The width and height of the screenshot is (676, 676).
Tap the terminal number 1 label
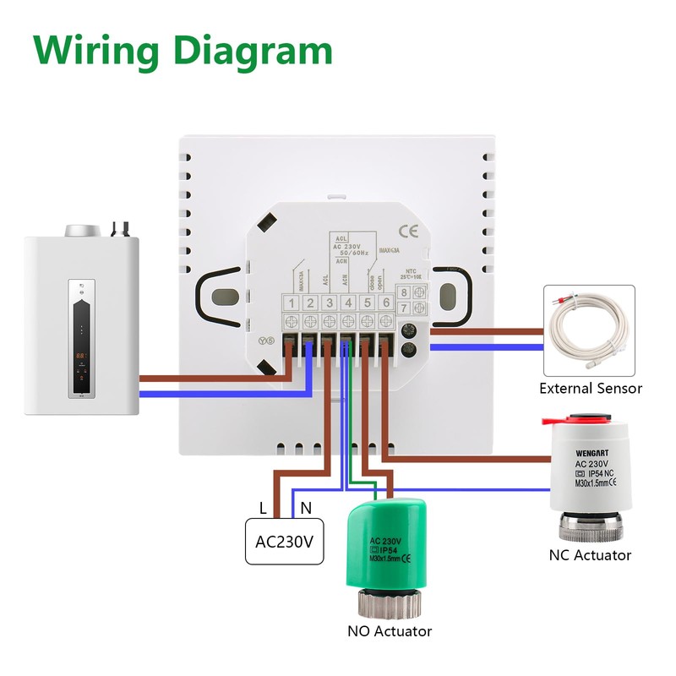[x=292, y=303]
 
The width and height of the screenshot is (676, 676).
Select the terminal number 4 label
[x=348, y=303]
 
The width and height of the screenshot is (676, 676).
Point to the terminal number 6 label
[x=386, y=303]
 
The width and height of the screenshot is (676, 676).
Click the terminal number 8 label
[x=406, y=293]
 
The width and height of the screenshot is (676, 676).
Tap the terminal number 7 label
[x=406, y=309]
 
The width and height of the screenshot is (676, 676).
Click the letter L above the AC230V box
[x=263, y=509]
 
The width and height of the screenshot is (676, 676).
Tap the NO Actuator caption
[x=390, y=631]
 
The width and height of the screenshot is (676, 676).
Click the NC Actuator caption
[x=589, y=555]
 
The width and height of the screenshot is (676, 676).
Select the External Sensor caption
[x=591, y=389]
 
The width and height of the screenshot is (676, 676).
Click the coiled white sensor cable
[x=589, y=329]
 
